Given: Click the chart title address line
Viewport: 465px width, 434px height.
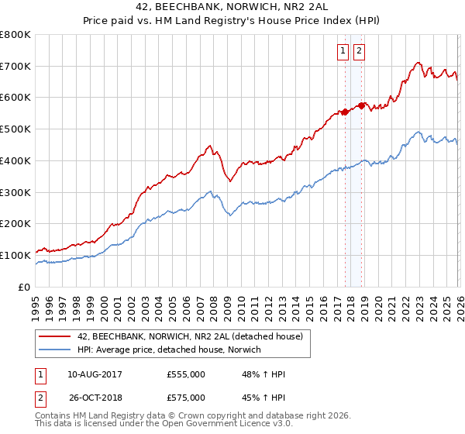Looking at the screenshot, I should click(232, 9).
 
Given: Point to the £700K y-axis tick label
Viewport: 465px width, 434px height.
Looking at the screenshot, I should click(15, 67).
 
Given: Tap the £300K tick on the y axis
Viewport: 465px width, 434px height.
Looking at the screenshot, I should click(15, 192).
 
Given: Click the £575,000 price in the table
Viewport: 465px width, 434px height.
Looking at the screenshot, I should click(186, 397).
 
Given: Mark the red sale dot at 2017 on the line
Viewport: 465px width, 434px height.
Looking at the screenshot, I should click(345, 112).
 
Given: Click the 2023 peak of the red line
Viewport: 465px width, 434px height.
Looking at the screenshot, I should click(418, 63).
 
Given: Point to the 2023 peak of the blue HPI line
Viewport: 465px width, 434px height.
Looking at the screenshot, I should click(418, 132).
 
